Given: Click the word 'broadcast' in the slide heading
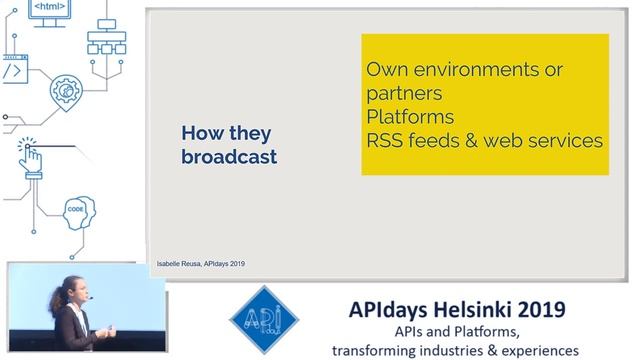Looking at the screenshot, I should tap(229, 157).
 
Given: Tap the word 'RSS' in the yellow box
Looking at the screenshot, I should tap(386, 141).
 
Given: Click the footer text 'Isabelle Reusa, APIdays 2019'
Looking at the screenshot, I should tap(202, 264).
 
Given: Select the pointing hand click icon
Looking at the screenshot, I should tap(31, 155).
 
